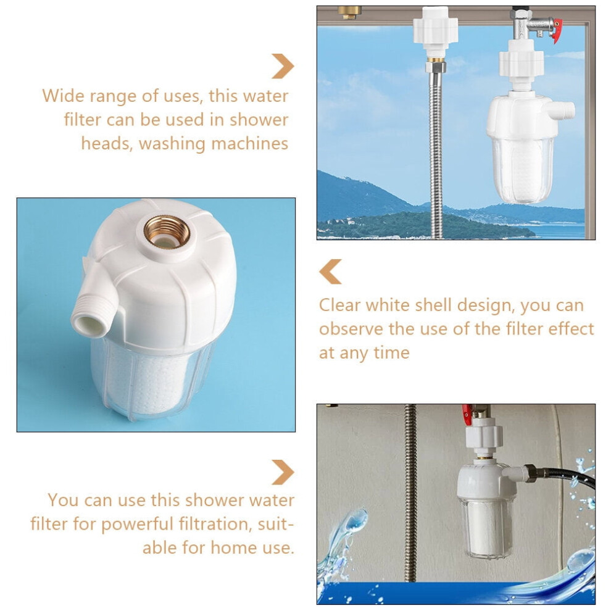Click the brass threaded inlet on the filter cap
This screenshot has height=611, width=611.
[x=167, y=232]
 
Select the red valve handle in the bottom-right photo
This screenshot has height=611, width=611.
[x=467, y=415]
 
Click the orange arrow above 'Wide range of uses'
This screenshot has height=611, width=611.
[x=283, y=66]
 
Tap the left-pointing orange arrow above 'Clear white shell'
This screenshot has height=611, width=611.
[x=330, y=272]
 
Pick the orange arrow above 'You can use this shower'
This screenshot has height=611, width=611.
[x=283, y=472]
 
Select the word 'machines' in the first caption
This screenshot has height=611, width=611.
[x=250, y=144]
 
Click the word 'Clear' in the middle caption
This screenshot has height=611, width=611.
[x=340, y=305]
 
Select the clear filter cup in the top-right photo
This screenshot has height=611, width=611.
[x=522, y=170]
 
